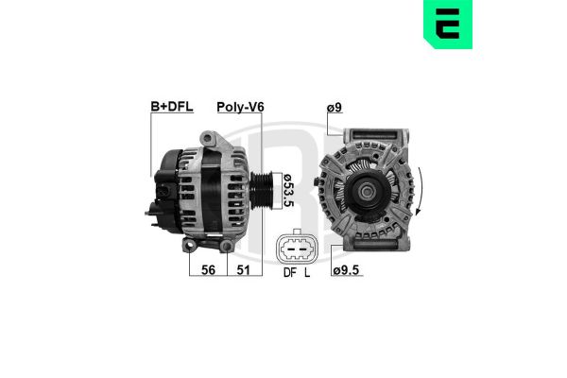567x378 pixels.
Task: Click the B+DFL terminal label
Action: click(x=172, y=107)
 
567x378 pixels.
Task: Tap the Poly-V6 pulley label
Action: click(x=240, y=107)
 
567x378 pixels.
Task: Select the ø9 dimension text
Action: click(x=335, y=108)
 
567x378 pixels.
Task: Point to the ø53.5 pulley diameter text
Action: click(x=288, y=191)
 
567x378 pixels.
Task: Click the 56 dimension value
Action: click(x=208, y=270)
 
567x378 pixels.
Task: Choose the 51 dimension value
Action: click(x=244, y=270)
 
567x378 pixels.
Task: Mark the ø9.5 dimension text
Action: click(x=346, y=270)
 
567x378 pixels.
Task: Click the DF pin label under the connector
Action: click(x=290, y=273)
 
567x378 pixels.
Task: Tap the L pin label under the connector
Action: click(x=307, y=273)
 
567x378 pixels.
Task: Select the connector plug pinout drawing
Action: click(x=297, y=248)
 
